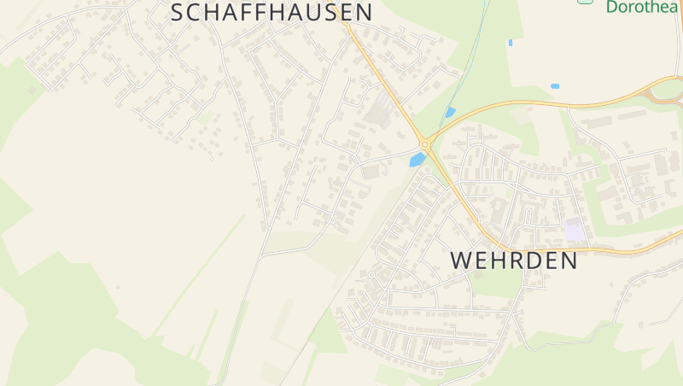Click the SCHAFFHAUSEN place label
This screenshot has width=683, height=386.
(x=271, y=12)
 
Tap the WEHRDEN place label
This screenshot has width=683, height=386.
(x=513, y=260)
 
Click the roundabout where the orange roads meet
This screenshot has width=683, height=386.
(x=424, y=144)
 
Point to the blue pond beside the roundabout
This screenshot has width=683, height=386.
(x=417, y=160)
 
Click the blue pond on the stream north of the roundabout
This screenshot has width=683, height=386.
(x=450, y=112)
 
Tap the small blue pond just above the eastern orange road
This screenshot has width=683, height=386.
(x=555, y=86)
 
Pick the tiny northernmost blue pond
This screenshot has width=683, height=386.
(x=510, y=42)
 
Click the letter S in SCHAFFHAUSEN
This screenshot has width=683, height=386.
(x=178, y=12)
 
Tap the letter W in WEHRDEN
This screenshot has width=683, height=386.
(x=461, y=260)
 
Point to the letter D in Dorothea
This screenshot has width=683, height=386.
(x=612, y=7)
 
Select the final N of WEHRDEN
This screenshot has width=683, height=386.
(x=568, y=260)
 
